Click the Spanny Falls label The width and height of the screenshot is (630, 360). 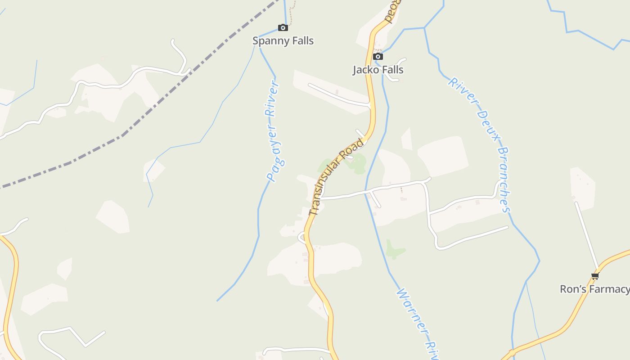pos(283,40)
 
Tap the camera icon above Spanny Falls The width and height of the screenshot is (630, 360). pos(283,28)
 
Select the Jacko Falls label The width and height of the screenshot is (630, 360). pos(378,70)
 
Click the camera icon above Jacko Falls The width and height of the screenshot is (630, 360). pos(378,56)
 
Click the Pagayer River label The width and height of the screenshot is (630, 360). pos(274,131)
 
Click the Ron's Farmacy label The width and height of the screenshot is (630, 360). pos(594,289)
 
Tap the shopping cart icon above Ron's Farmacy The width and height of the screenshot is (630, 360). pos(595,276)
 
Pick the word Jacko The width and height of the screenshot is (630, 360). pos(365,70)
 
